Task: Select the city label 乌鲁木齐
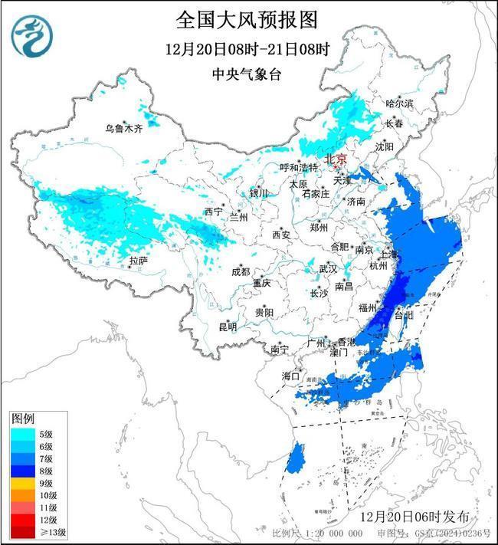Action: click(x=124, y=129)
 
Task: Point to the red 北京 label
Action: click(x=336, y=159)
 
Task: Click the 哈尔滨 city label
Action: click(x=398, y=103)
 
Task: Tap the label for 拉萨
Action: click(x=138, y=261)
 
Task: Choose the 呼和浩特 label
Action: click(x=297, y=167)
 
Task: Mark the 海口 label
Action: click(x=290, y=376)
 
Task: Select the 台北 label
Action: click(x=403, y=315)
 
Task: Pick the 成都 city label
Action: click(x=240, y=271)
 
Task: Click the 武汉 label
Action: click(x=328, y=269)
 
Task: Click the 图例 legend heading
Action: click(x=22, y=419)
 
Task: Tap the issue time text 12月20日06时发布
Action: click(x=423, y=513)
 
